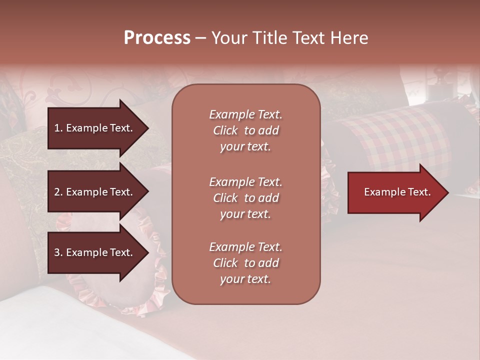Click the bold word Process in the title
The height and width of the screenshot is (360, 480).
pyautogui.click(x=157, y=38)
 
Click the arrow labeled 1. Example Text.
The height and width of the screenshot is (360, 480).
pyautogui.click(x=95, y=128)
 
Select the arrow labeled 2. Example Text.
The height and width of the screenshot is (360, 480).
pyautogui.click(x=95, y=192)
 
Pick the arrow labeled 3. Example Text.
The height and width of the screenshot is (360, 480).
pyautogui.click(x=95, y=252)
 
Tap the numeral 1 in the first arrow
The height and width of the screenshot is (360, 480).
pyautogui.click(x=57, y=128)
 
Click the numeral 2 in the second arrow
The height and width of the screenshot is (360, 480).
pyautogui.click(x=57, y=192)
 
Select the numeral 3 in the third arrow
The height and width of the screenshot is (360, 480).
pyautogui.click(x=57, y=252)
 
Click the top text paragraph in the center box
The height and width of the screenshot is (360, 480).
pyautogui.click(x=245, y=130)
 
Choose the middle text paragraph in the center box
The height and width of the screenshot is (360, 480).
pyautogui.click(x=245, y=198)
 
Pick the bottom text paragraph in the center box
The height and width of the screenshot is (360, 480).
pyautogui.click(x=245, y=263)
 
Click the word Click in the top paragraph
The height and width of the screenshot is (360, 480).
pyautogui.click(x=225, y=130)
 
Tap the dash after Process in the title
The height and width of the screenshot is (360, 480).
pyautogui.click(x=200, y=38)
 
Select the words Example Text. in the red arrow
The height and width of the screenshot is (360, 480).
pyautogui.click(x=397, y=192)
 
